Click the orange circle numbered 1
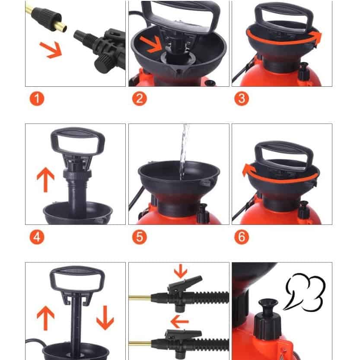click(x=37, y=99)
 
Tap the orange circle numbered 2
click(x=139, y=99)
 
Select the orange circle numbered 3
click(x=242, y=99)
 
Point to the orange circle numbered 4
click(x=37, y=237)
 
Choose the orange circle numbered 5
click(x=139, y=237)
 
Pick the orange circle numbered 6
click(x=242, y=237)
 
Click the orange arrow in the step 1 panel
click(x=51, y=50)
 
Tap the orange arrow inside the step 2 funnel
click(x=151, y=44)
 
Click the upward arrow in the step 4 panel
click(x=45, y=180)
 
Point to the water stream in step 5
click(x=184, y=152)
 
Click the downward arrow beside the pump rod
click(x=105, y=318)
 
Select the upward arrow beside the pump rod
click(x=45, y=318)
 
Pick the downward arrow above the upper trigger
click(x=181, y=271)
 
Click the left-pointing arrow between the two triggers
click(x=180, y=322)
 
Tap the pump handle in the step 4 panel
click(x=78, y=142)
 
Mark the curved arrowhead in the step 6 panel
click(x=247, y=170)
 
